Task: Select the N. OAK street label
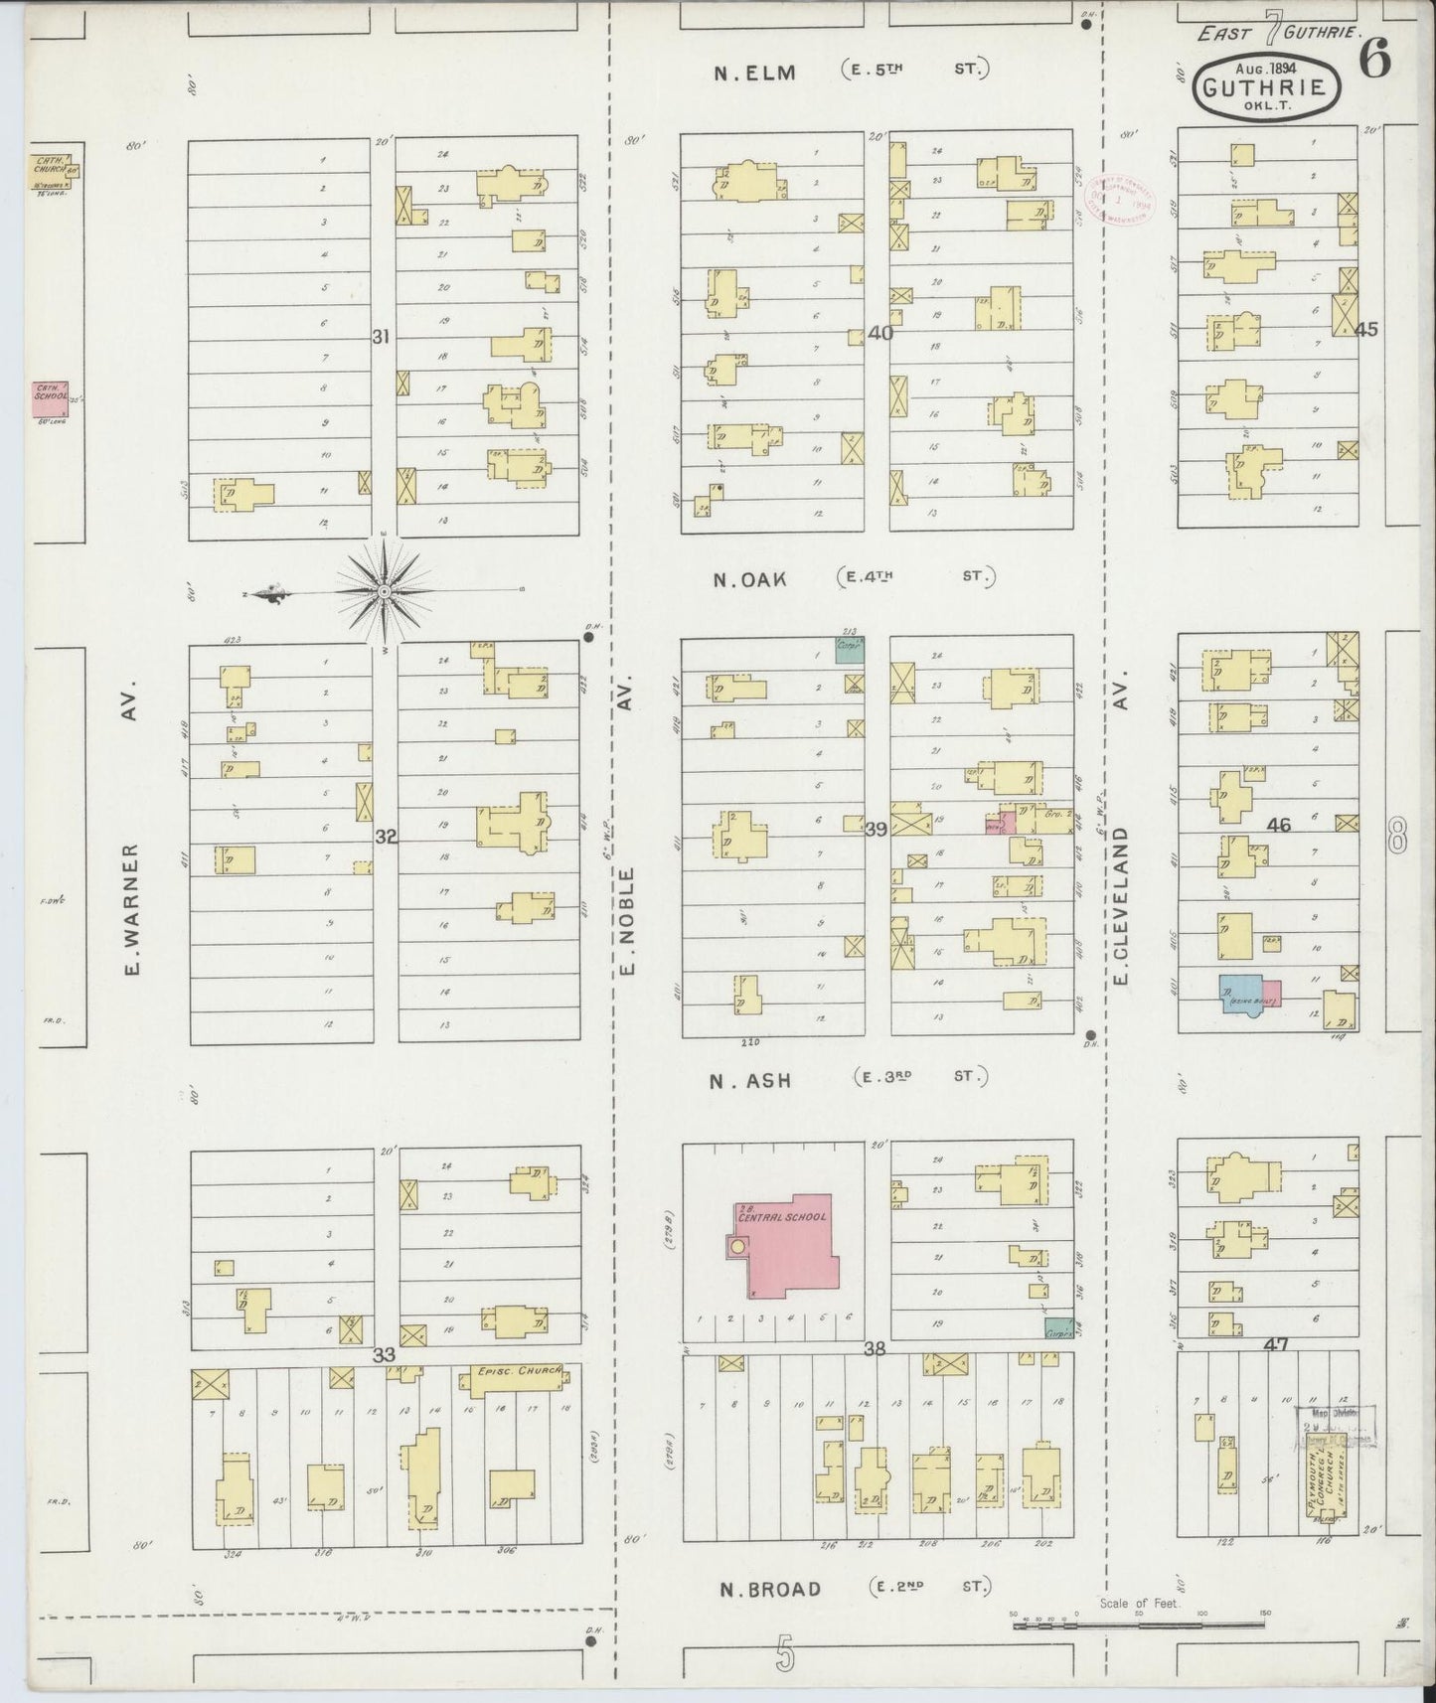(749, 578)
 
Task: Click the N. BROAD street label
(770, 1590)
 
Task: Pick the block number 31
(380, 338)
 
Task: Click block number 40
(879, 334)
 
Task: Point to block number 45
(1366, 330)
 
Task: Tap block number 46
(1278, 826)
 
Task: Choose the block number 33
(384, 1354)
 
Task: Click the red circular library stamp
(1121, 199)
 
